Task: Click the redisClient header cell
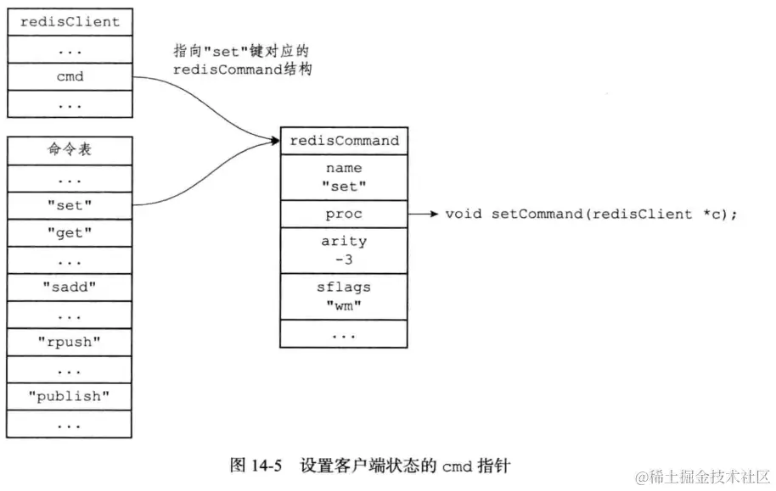click(x=70, y=21)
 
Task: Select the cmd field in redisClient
click(x=70, y=76)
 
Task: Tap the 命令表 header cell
click(x=70, y=150)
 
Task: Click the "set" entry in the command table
click(x=70, y=204)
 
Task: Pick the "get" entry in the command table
click(x=70, y=232)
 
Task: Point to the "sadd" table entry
click(x=70, y=287)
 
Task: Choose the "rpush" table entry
click(x=70, y=342)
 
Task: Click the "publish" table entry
click(x=70, y=396)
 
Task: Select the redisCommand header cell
click(x=344, y=141)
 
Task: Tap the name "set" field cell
click(x=344, y=177)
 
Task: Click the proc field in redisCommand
click(x=344, y=215)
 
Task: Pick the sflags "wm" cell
click(x=344, y=296)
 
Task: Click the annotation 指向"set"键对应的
click(x=238, y=52)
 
